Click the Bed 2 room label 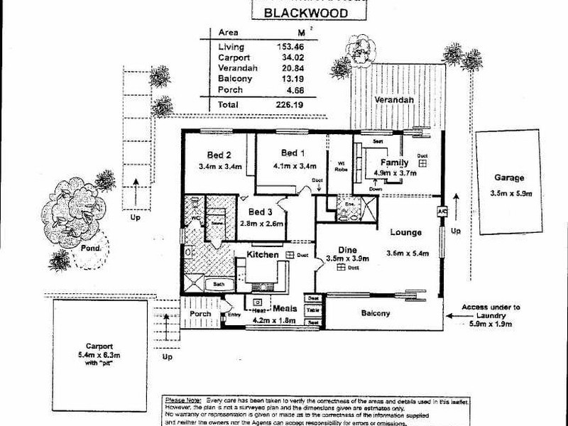pyautogui.click(x=219, y=155)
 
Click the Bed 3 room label pyautogui.click(x=260, y=212)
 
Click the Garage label pyautogui.click(x=510, y=178)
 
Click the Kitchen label pyautogui.click(x=262, y=254)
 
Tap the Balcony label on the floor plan pyautogui.click(x=376, y=313)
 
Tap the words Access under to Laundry pyautogui.click(x=491, y=312)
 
